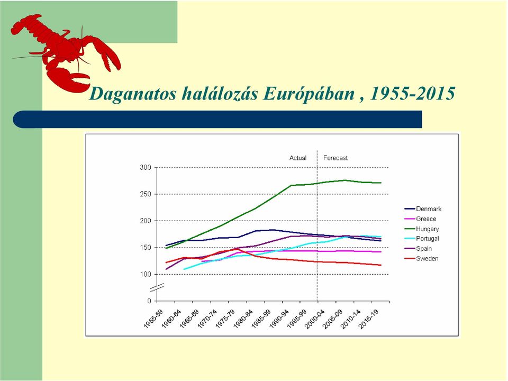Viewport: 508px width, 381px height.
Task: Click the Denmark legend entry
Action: (x=423, y=209)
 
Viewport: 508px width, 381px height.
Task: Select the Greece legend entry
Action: (x=421, y=219)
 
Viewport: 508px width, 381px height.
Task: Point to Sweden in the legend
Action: (x=422, y=259)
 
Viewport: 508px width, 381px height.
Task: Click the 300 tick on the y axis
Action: (x=146, y=168)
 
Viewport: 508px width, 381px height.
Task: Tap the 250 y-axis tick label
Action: (x=146, y=194)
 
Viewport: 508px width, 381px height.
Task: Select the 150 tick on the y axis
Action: (x=146, y=248)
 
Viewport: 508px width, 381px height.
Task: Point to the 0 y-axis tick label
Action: (x=149, y=301)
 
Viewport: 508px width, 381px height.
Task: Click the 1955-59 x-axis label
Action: (x=153, y=319)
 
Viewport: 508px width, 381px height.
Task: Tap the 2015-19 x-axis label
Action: (x=369, y=319)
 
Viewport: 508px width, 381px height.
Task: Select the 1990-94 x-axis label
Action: (x=279, y=319)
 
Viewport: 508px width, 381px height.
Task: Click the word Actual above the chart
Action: (x=298, y=158)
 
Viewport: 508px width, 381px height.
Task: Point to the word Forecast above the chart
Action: (x=335, y=158)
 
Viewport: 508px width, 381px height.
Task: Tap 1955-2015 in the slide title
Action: (x=412, y=94)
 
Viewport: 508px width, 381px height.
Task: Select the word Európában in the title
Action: (x=309, y=94)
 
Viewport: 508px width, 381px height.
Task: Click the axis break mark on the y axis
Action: (x=157, y=287)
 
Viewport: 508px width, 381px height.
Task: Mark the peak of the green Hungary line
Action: (x=344, y=180)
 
